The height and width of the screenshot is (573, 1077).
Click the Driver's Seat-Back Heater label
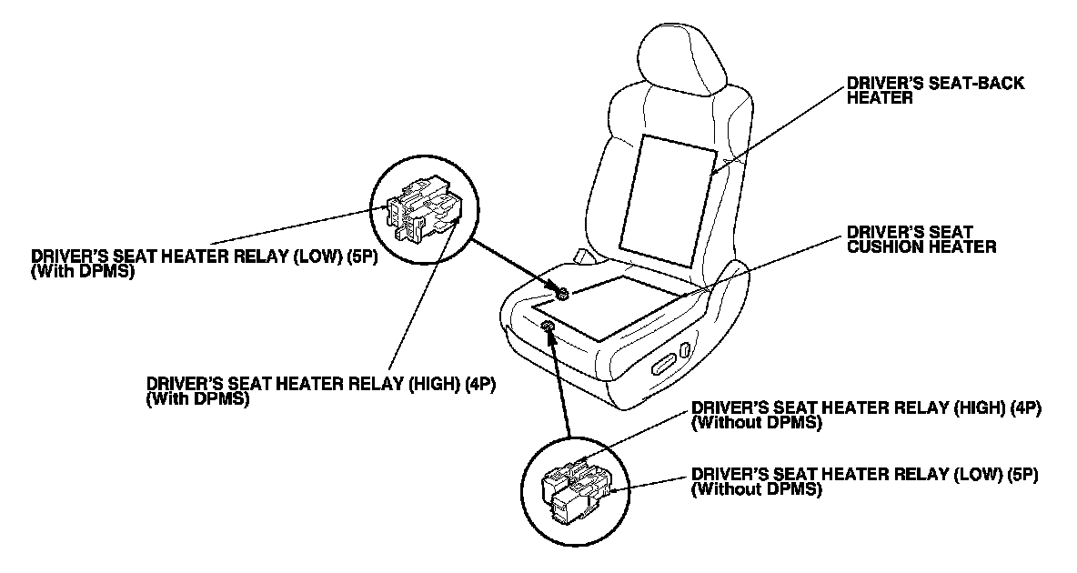click(935, 90)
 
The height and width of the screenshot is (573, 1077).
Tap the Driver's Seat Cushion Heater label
click(921, 238)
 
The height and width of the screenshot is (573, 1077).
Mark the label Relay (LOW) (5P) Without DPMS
click(865, 482)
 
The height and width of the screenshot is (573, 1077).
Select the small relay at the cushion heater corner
click(563, 293)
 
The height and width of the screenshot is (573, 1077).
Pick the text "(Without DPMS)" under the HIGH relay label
click(757, 423)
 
